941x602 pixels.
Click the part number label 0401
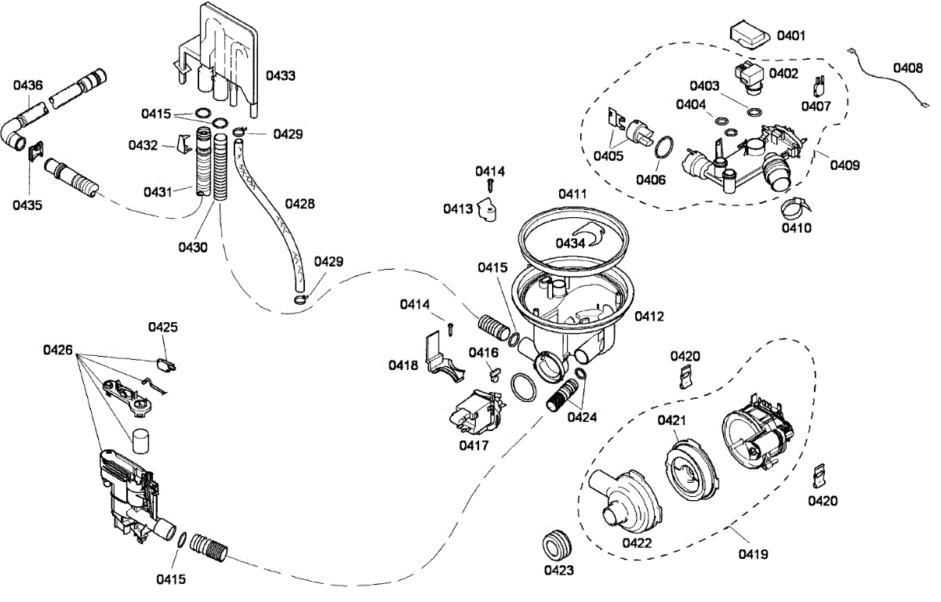[x=791, y=36]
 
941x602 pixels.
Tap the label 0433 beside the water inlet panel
[x=281, y=75]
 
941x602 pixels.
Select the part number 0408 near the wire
[x=908, y=67]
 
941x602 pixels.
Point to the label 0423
[x=558, y=570]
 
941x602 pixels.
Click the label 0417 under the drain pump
[x=474, y=445]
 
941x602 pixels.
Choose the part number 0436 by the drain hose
[x=27, y=85]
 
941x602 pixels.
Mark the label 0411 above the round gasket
[x=572, y=194]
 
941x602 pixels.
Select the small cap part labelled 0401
[x=750, y=34]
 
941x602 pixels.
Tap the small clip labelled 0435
[x=36, y=150]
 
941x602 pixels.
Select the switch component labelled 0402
[x=750, y=80]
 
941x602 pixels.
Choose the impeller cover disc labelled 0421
[x=692, y=470]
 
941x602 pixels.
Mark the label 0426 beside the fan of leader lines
[x=58, y=350]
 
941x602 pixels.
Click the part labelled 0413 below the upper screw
[x=487, y=209]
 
